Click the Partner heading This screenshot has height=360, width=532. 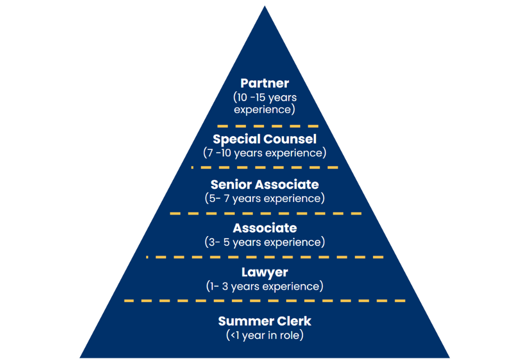(x=264, y=83)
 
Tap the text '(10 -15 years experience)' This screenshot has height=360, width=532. (x=264, y=104)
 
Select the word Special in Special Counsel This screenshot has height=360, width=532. (x=236, y=139)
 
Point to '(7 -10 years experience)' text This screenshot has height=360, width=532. (x=264, y=153)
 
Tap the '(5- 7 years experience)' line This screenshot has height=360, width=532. (x=264, y=198)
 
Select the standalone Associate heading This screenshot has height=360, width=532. (x=264, y=228)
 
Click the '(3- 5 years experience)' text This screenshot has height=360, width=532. (x=264, y=242)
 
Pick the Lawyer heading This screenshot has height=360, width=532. (x=264, y=272)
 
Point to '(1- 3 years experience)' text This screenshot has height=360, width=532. (x=264, y=286)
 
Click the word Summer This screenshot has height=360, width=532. (x=242, y=321)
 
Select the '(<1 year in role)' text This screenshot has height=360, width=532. (x=264, y=335)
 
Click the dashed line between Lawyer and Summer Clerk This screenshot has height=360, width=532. (x=264, y=300)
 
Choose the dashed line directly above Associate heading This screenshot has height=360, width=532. (x=264, y=213)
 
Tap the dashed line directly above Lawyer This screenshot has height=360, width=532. (x=264, y=257)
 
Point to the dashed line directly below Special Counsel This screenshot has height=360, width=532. (x=264, y=168)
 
